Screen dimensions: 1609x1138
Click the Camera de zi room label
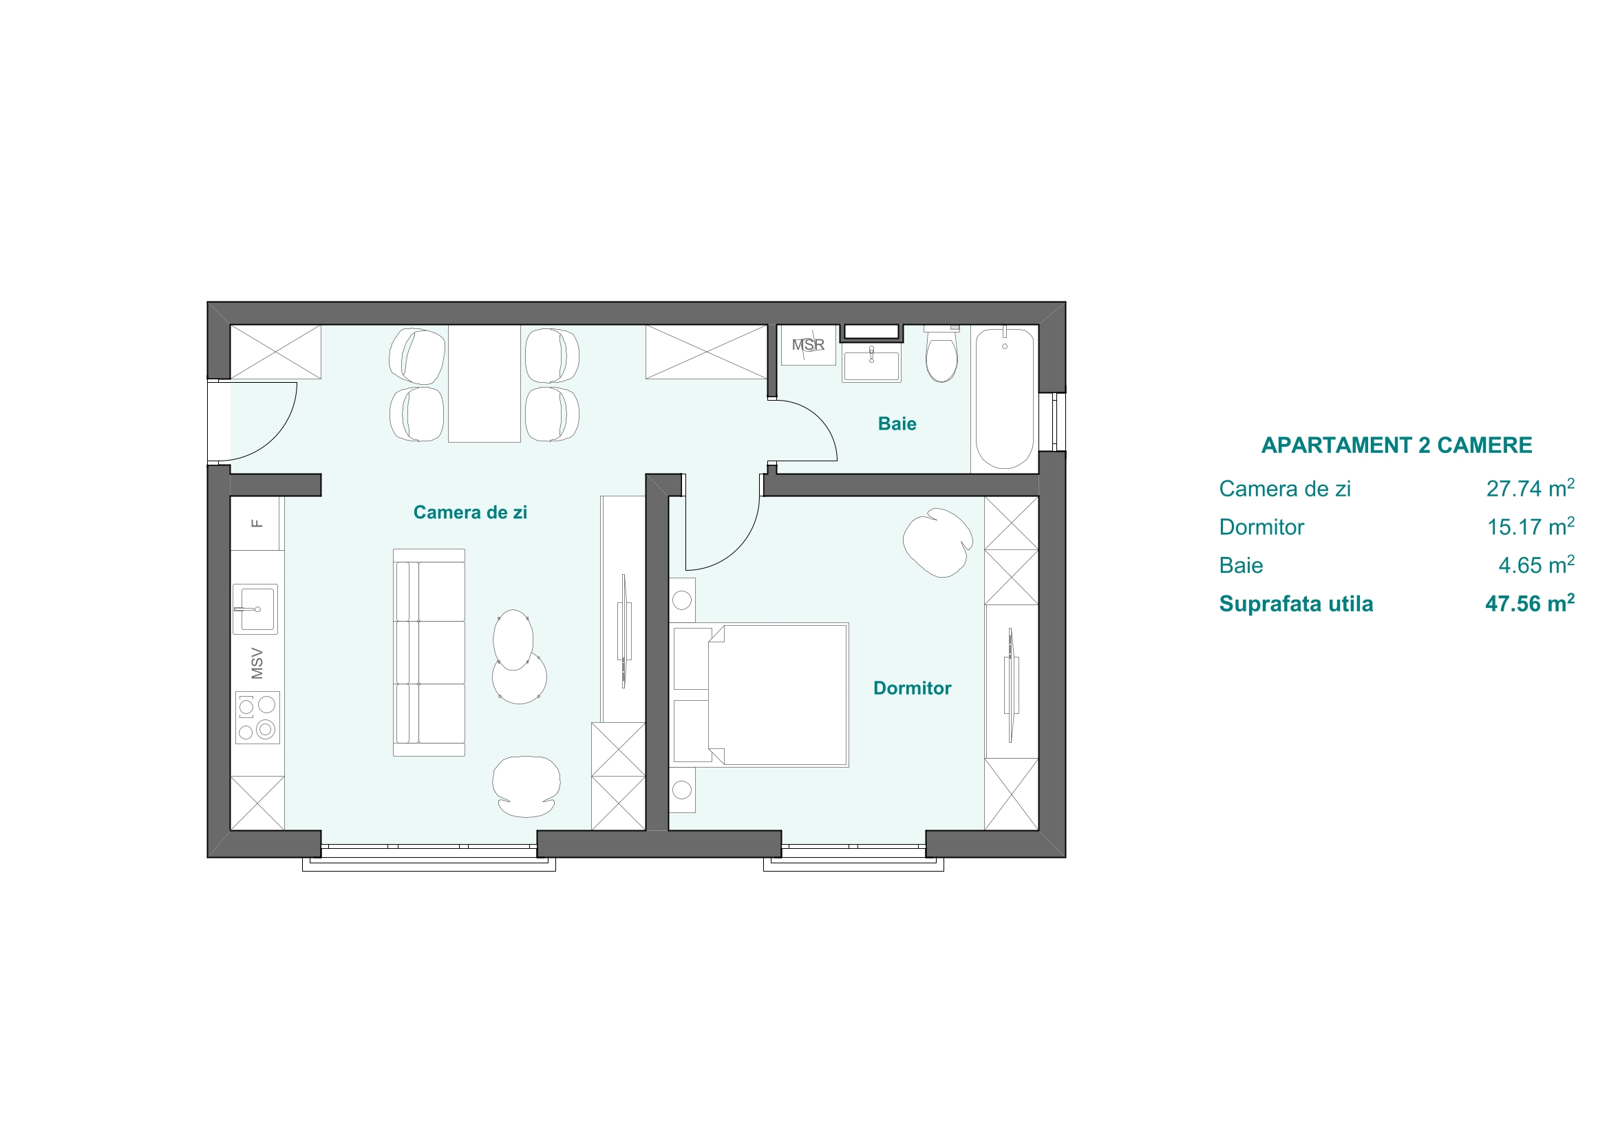[469, 513]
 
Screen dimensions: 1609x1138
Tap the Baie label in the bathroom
[897, 423]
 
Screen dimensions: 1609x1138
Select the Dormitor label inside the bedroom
[912, 688]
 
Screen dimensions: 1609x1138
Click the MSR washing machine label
[808, 345]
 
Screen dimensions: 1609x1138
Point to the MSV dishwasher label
[257, 663]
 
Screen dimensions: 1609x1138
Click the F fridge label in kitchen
[257, 523]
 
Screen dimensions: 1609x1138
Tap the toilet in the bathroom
[941, 354]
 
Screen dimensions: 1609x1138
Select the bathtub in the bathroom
[1004, 398]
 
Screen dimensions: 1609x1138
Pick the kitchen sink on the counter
[255, 609]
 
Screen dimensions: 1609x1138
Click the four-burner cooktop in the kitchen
[257, 717]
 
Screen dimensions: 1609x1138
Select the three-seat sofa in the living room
[429, 652]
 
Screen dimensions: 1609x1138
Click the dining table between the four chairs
[484, 383]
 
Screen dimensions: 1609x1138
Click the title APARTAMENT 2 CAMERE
[1396, 445]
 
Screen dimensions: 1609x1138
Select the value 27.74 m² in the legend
[1531, 488]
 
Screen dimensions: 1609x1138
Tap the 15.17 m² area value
[1531, 527]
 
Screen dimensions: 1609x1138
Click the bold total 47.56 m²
[1530, 603]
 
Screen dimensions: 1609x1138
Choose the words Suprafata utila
[1296, 604]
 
